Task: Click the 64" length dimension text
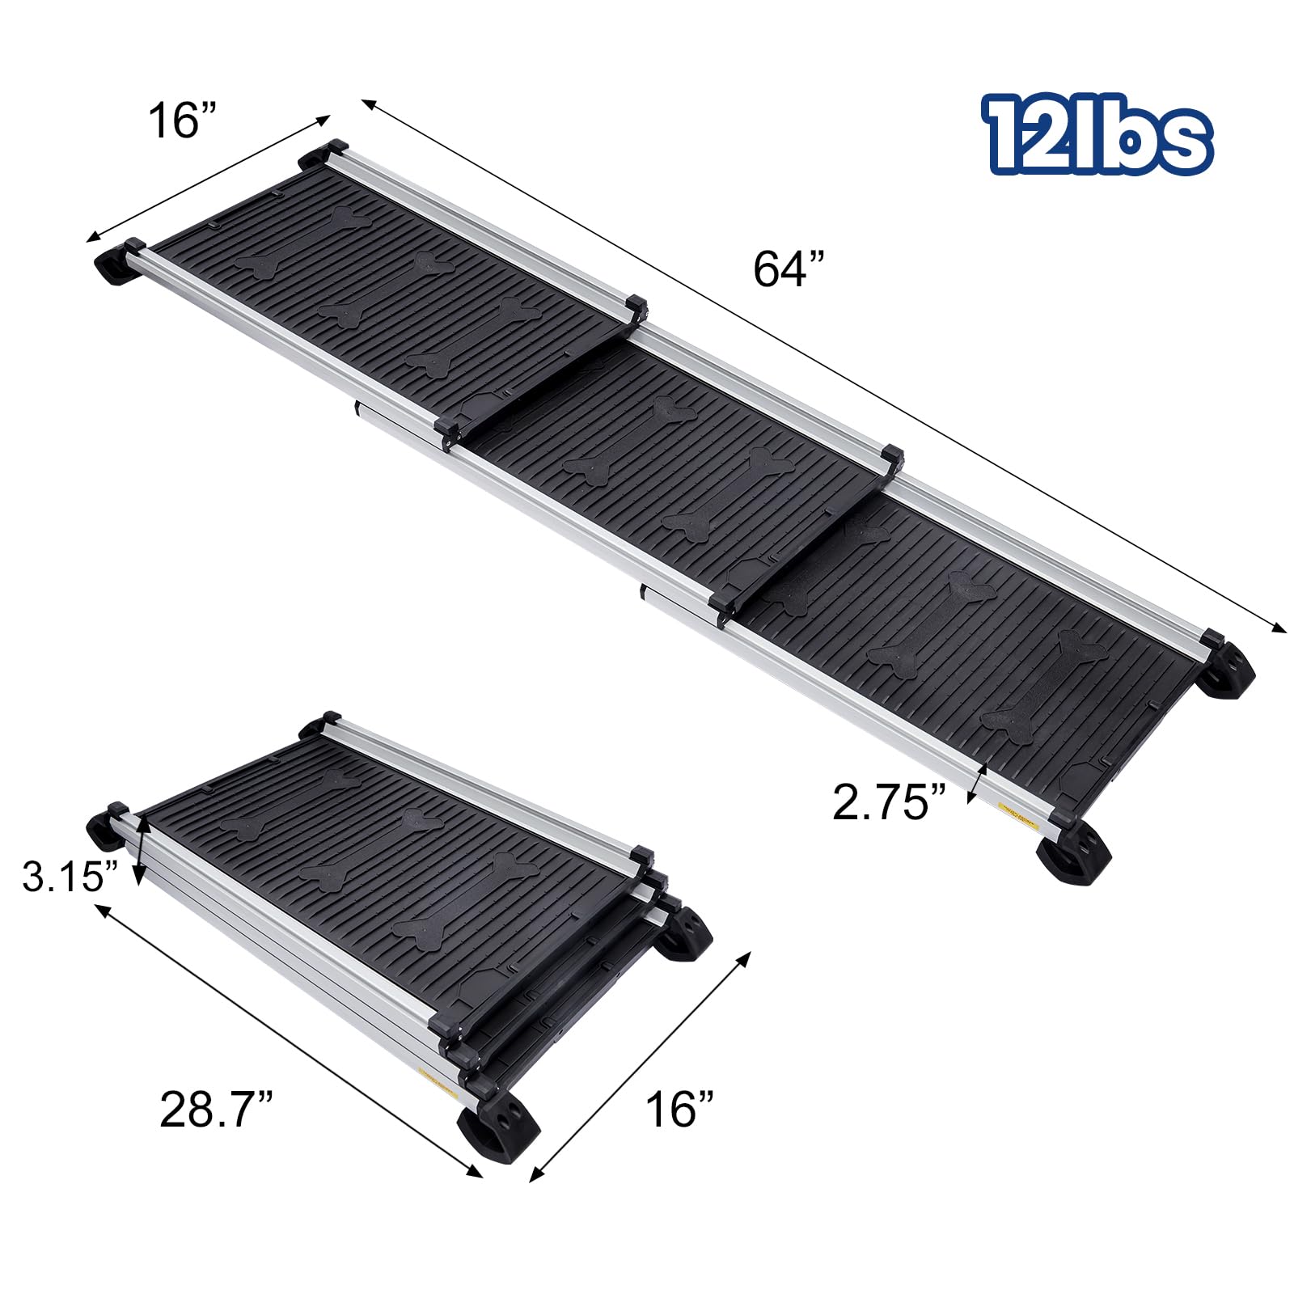click(789, 269)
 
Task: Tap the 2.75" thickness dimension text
click(888, 802)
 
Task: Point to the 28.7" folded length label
click(216, 1109)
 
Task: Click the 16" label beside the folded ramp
click(679, 1109)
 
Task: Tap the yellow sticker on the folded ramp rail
click(435, 1077)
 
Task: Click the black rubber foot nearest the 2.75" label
click(1072, 855)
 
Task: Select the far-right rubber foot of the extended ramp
click(1226, 669)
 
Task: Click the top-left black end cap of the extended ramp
click(333, 149)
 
